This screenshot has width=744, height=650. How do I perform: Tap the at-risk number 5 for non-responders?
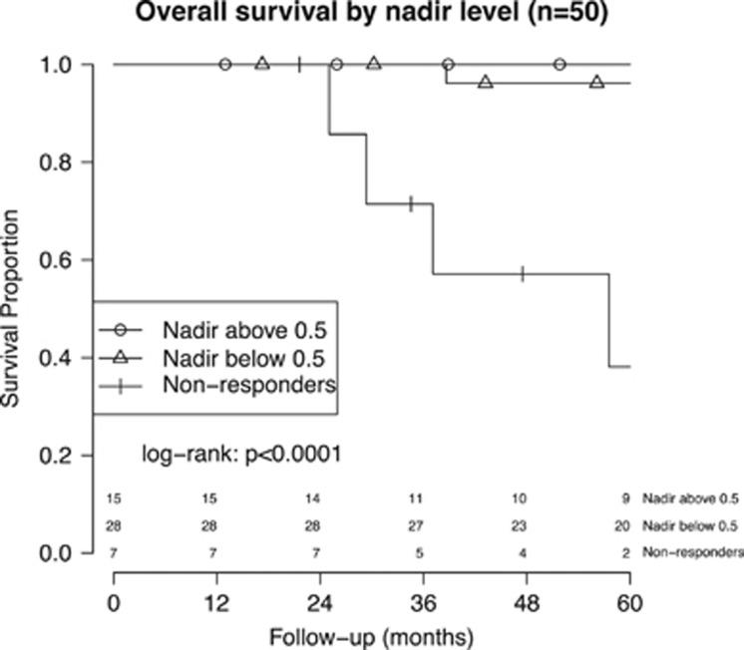coord(420,551)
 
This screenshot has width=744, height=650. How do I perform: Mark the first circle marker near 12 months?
coord(225,64)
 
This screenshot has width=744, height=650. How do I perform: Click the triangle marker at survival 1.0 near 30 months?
coord(374,63)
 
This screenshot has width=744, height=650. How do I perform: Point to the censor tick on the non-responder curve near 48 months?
coord(522,274)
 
